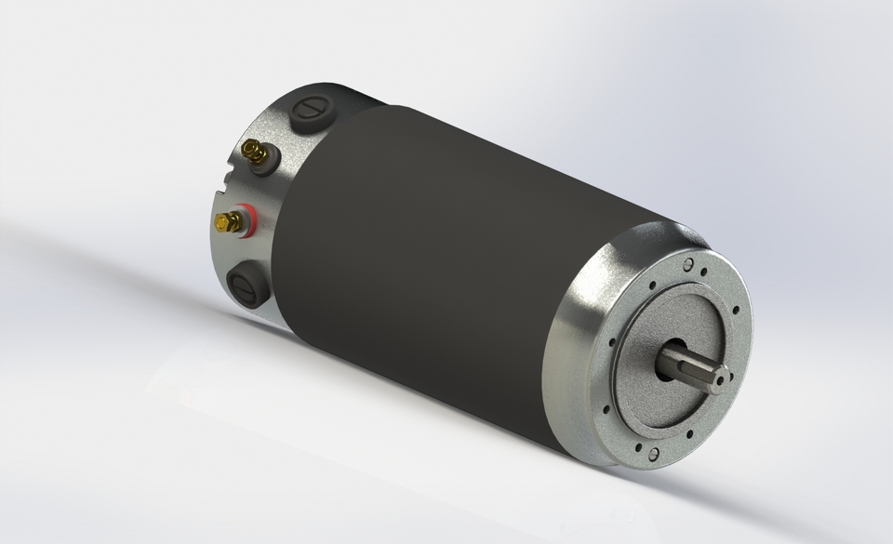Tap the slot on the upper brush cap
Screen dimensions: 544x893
pos(310,109)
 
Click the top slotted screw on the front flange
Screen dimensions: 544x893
pos(687,265)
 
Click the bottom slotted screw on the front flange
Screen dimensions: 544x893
pos(653,454)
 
